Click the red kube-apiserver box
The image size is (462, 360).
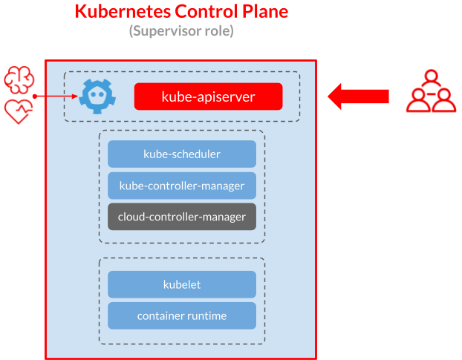click(x=208, y=96)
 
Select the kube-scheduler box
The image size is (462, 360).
click(x=181, y=154)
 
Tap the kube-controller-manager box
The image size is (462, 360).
click(x=181, y=186)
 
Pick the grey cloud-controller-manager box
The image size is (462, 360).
click(x=181, y=217)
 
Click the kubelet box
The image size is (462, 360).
click(x=181, y=284)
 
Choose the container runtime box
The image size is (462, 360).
click(x=181, y=315)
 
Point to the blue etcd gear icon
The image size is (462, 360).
click(x=96, y=96)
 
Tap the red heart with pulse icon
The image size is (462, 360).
click(x=18, y=112)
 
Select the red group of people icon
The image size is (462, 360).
click(x=431, y=91)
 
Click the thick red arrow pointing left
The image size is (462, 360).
click(x=358, y=96)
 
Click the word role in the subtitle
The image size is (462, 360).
click(x=219, y=32)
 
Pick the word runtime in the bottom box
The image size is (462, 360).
click(x=206, y=316)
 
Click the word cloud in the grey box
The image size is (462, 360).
click(x=131, y=217)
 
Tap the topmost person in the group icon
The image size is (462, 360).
click(x=431, y=78)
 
